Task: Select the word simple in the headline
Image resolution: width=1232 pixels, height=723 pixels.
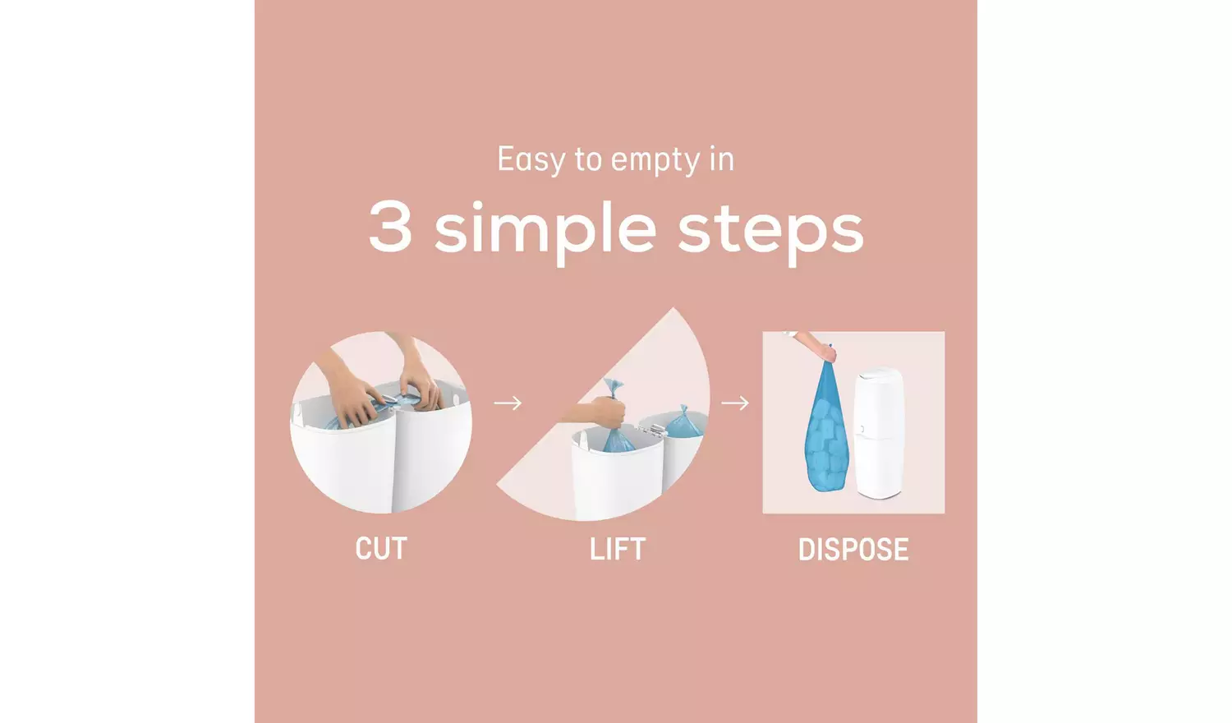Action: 545,230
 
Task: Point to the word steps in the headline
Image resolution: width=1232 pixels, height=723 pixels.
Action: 770,230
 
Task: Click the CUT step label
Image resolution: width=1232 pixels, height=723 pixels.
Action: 381,549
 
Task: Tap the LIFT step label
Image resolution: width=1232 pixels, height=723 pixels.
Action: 618,549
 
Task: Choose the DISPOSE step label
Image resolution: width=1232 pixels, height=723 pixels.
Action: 853,550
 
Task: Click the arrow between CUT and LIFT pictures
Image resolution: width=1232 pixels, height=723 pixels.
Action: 508,403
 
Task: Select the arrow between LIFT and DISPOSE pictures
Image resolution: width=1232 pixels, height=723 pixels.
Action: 735,403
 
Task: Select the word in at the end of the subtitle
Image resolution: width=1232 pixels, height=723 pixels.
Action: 721,159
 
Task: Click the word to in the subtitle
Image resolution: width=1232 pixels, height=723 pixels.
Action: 588,159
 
